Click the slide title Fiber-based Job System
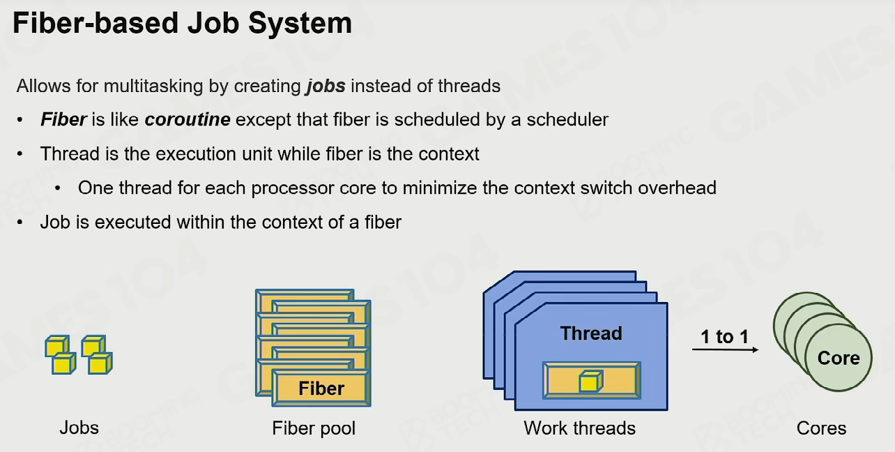point(182,23)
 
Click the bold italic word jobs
point(326,86)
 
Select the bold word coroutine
point(188,119)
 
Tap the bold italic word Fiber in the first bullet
point(63,119)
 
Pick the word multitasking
point(153,86)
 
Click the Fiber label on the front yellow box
point(321,389)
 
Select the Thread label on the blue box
point(591,333)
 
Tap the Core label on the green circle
point(839,358)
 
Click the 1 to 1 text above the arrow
point(724,336)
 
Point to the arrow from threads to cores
point(725,349)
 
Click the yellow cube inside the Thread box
point(591,381)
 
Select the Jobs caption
point(79,428)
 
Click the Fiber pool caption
point(314,428)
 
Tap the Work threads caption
point(579,428)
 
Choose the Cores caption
point(822,428)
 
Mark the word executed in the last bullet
point(132,222)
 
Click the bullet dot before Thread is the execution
point(20,154)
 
